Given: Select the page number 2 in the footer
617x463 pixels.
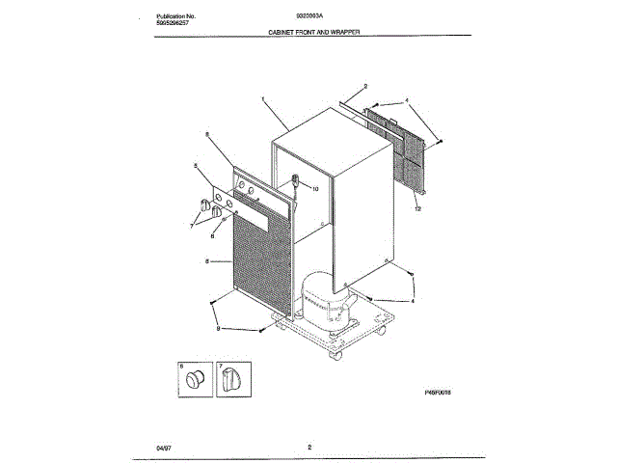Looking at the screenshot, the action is [308, 447].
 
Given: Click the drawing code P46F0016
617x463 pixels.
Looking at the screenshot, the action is [438, 393].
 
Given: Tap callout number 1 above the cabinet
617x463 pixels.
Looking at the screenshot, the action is [262, 99].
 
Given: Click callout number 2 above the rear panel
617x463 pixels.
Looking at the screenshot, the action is [365, 88].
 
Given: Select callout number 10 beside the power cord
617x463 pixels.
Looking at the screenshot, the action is [314, 189].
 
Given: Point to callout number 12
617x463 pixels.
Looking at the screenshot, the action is [417, 208].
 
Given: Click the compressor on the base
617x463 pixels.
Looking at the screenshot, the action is [324, 301].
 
